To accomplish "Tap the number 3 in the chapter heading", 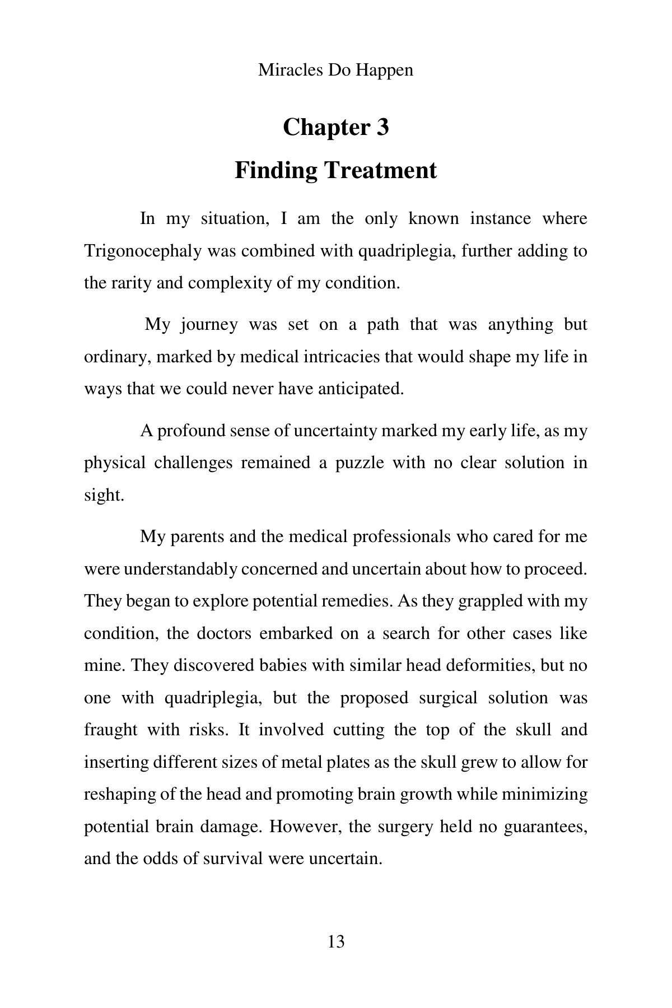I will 382,127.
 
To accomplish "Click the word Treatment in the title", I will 379,170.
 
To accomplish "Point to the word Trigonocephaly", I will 143,251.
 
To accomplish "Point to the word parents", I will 198,536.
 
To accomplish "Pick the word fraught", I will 110,730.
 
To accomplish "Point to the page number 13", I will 336,942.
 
